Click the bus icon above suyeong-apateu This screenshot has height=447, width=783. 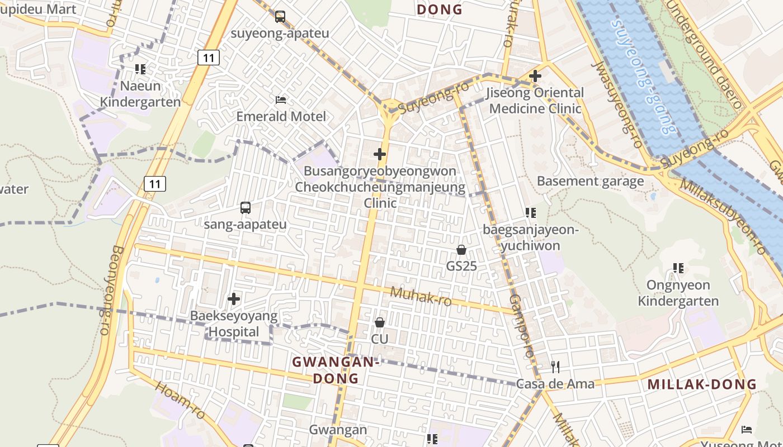[280, 17]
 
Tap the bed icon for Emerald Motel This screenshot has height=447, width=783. [281, 100]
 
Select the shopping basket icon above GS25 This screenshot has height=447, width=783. [461, 250]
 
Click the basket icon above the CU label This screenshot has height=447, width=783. [380, 322]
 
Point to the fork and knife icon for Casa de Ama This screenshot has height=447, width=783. [555, 367]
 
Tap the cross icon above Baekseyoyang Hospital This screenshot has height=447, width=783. [234, 299]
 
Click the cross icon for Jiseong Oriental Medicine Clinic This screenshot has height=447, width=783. [535, 75]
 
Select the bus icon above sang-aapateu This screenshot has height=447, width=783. [246, 208]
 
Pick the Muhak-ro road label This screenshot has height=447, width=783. [421, 296]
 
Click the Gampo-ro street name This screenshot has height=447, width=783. [521, 326]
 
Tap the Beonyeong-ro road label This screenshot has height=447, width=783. [110, 290]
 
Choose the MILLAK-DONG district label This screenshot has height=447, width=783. [702, 384]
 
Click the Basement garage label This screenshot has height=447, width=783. [590, 181]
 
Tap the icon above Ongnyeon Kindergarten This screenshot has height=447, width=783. [678, 268]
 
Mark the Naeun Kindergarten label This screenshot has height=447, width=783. [140, 94]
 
